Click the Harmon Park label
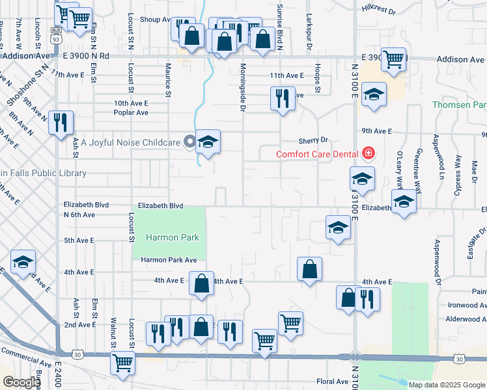click(x=172, y=237)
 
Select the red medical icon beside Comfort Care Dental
click(x=369, y=153)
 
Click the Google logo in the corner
click(x=21, y=382)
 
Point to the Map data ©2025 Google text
click(x=446, y=385)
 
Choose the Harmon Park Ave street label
click(x=169, y=260)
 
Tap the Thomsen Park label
click(x=459, y=105)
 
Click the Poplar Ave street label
click(x=132, y=112)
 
